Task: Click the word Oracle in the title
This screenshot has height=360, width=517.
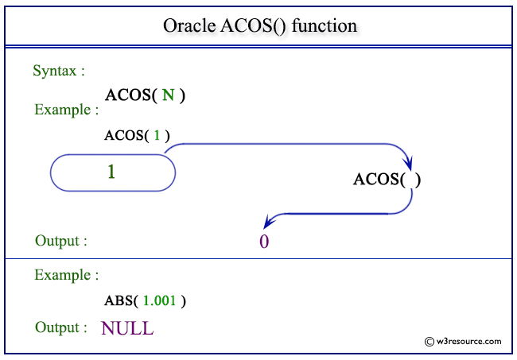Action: coord(189,25)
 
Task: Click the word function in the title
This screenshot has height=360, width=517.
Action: coord(325,25)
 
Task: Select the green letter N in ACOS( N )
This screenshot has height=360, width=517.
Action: coord(168,95)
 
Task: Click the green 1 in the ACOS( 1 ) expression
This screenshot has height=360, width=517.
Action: coord(157,135)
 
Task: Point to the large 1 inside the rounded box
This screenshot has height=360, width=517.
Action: coord(111,172)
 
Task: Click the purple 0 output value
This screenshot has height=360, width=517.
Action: coord(264,242)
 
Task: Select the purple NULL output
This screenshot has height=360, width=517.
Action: coord(127,328)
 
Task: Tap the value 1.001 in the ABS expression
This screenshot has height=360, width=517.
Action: coord(160,300)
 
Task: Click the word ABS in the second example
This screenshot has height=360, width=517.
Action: coord(119,300)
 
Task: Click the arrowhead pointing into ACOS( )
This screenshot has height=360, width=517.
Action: coord(409,164)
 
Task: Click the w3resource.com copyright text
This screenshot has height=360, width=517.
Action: coord(468,341)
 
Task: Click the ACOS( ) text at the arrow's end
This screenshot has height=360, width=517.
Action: coord(387,180)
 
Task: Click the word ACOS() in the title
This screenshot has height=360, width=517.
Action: coord(253,26)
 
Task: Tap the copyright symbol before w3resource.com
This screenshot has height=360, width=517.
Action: coord(430,342)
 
